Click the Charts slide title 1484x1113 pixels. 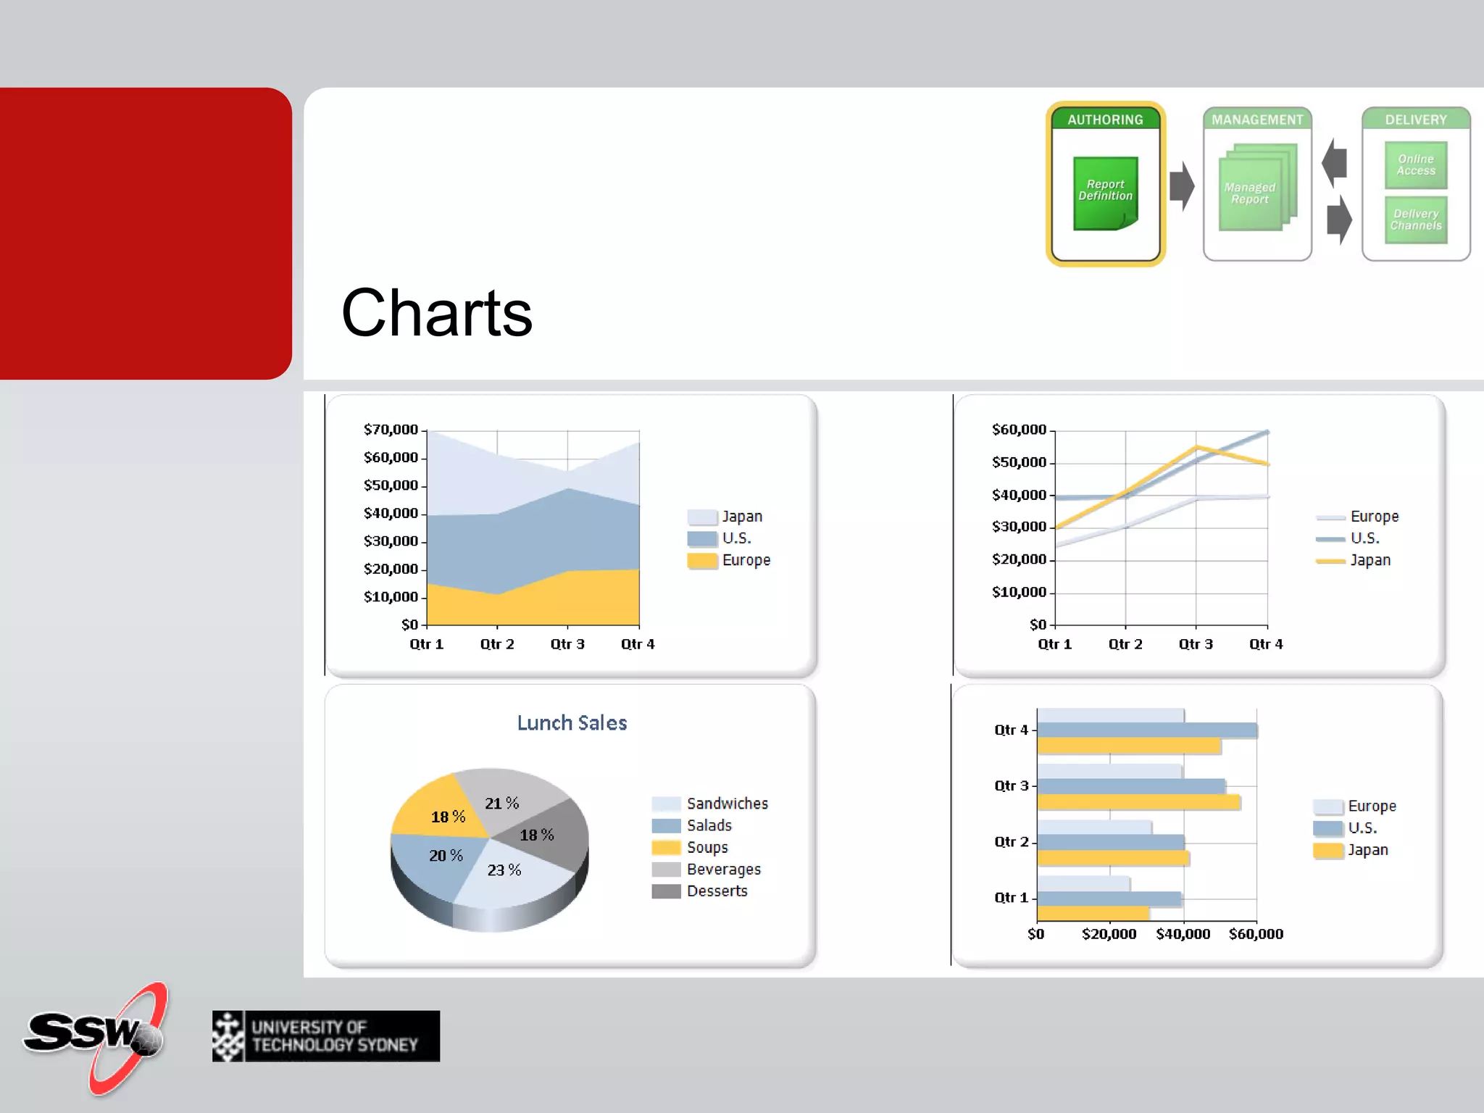[x=437, y=313]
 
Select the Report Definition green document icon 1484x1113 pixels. [x=1105, y=193]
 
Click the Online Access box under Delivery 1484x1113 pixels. [x=1415, y=165]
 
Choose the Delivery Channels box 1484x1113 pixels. [x=1415, y=220]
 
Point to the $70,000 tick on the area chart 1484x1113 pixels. [x=391, y=430]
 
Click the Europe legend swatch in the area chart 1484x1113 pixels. [x=701, y=560]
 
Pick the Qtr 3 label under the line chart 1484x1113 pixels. [x=1196, y=644]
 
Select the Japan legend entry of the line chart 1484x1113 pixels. [x=1370, y=560]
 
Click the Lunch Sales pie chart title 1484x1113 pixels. [x=572, y=722]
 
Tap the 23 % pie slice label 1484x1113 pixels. [x=504, y=870]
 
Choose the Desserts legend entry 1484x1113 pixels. [x=716, y=891]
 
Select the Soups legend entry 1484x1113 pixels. [x=706, y=848]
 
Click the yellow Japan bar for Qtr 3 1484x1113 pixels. [x=1138, y=802]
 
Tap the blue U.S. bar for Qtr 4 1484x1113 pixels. [x=1146, y=730]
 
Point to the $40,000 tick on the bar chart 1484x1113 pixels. [x=1183, y=934]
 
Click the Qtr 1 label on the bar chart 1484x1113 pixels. [x=1011, y=898]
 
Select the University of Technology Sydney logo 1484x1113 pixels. [x=325, y=1036]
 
